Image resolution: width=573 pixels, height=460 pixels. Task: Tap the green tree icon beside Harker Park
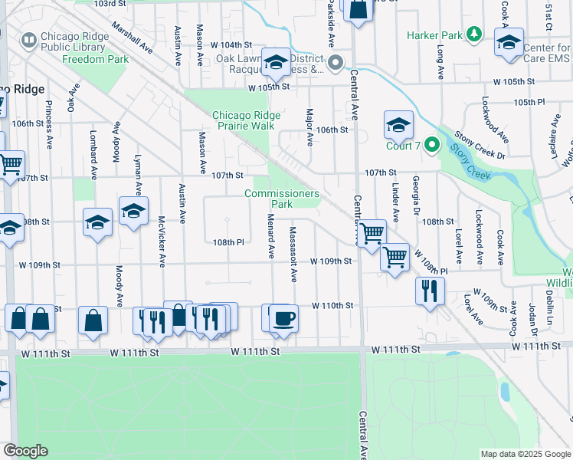pos(474,34)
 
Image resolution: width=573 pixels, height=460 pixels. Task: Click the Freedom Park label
pos(96,59)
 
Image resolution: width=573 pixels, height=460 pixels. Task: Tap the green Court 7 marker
pos(431,143)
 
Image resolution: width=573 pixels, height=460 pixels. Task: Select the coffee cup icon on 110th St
pos(284,317)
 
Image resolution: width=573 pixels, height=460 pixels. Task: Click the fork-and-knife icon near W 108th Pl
pos(430,289)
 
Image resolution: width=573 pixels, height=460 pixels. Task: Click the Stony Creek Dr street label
pos(480,144)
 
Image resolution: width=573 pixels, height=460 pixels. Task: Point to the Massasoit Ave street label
pos(293,253)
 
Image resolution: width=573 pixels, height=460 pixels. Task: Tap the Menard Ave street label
pos(271,236)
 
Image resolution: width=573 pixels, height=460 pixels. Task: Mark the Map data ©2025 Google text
pos(526,454)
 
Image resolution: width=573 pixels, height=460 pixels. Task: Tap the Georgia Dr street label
pos(416,198)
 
